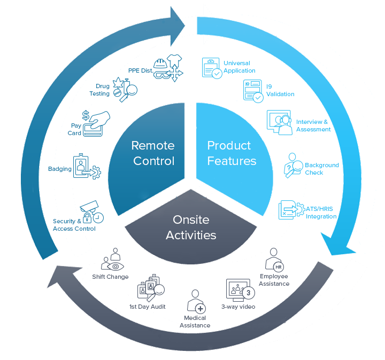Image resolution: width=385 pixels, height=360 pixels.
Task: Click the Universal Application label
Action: click(239, 67)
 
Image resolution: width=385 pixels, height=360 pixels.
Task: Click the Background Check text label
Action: click(321, 169)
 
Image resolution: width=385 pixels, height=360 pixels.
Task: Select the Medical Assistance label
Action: click(195, 322)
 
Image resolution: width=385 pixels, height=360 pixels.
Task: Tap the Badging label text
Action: click(60, 169)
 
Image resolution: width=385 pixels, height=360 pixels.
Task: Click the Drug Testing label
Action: click(99, 90)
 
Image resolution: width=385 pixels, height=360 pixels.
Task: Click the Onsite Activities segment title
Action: click(191, 228)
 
